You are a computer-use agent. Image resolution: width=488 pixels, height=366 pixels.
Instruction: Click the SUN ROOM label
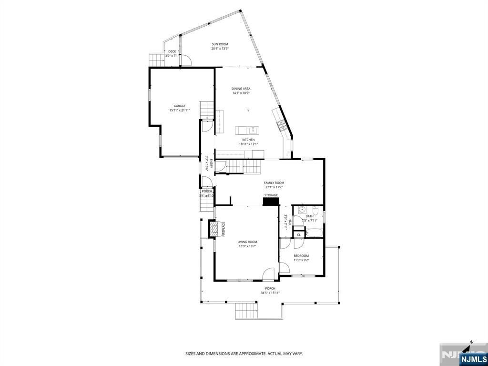point(220,44)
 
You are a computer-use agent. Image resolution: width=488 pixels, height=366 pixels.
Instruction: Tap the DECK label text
point(172,51)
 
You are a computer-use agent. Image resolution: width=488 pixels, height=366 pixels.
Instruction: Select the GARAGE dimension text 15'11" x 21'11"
point(179,110)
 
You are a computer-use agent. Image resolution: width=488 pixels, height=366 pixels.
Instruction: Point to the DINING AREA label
point(241,89)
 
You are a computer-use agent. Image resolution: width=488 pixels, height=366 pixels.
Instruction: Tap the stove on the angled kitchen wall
point(281,125)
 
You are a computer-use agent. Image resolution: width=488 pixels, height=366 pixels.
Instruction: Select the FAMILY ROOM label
point(274,183)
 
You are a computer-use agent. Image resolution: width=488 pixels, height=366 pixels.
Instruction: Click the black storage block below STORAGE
point(271,202)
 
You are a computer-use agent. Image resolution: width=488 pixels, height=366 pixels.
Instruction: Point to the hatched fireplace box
point(215,228)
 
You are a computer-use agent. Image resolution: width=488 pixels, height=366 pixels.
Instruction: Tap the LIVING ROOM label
point(247,242)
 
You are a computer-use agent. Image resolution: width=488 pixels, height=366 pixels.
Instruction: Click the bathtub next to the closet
point(314,233)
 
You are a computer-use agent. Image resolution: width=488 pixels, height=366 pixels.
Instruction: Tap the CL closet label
point(299,234)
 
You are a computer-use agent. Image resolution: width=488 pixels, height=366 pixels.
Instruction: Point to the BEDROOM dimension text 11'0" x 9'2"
point(301,260)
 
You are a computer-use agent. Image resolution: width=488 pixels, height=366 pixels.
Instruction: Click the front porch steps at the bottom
point(246,311)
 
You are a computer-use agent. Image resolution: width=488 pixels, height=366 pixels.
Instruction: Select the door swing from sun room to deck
point(187,61)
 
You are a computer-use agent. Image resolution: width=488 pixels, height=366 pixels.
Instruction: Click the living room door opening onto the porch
point(269,275)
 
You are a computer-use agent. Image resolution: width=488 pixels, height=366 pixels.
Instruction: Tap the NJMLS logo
point(473,358)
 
